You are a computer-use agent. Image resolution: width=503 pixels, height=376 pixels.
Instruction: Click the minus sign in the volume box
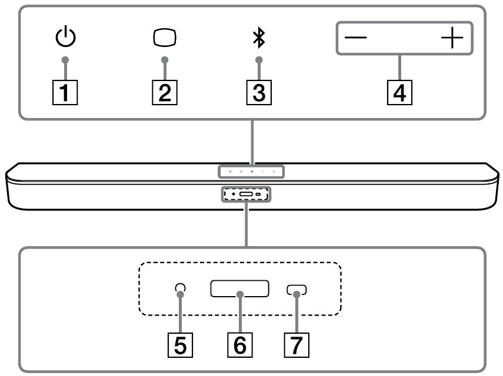355,39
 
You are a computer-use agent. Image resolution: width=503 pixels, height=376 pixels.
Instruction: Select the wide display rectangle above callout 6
239,288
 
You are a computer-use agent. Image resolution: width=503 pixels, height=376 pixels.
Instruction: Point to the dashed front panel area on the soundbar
245,193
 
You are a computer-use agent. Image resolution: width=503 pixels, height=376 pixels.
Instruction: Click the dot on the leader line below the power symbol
66,59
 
